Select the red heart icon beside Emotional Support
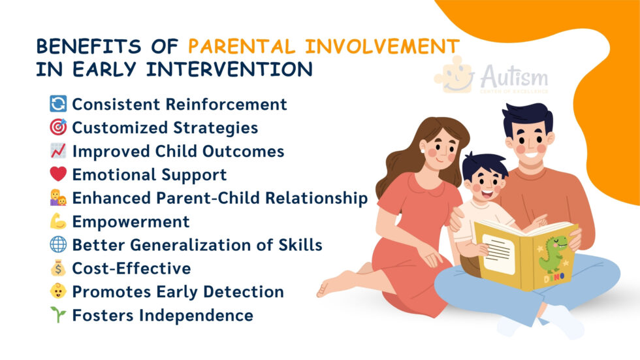point(58,174)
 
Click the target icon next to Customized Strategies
point(58,127)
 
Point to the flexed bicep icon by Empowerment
point(58,221)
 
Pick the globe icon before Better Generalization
point(58,245)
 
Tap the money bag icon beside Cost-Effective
point(58,269)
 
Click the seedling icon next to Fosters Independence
point(58,316)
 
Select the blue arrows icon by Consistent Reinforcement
point(58,104)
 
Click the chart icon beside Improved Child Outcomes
point(58,151)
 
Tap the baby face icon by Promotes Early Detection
point(58,292)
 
